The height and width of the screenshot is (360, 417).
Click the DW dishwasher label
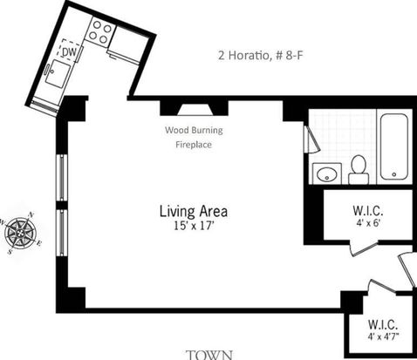(69, 52)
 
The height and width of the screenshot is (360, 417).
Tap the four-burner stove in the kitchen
(100, 32)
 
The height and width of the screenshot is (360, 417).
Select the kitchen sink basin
(58, 74)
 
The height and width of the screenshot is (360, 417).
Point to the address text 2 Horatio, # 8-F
(261, 55)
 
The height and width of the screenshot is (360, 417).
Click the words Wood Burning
(194, 130)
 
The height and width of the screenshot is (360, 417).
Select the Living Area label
(194, 212)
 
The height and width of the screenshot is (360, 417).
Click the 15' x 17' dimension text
(194, 226)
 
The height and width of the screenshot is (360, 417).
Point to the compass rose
(21, 233)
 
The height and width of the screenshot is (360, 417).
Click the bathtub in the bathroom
(394, 146)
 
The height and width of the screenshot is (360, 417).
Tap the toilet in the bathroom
(359, 170)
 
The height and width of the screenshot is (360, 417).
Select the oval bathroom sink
(327, 174)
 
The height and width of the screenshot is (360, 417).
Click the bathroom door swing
(312, 139)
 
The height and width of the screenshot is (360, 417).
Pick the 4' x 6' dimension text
(368, 223)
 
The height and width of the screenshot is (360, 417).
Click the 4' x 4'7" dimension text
(383, 336)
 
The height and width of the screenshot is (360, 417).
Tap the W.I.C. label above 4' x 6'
(368, 211)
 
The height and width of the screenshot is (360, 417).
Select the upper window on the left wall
(62, 178)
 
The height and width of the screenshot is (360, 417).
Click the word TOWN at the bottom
(209, 355)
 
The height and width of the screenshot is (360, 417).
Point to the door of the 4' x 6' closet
(365, 248)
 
